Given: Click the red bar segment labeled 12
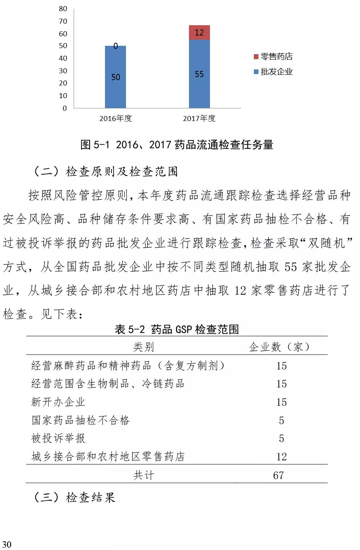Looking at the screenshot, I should (199, 32).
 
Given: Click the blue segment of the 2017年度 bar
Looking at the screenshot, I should (199, 74).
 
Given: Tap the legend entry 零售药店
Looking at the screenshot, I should (273, 56).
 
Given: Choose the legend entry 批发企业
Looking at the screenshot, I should (273, 72).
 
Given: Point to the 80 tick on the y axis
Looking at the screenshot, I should (63, 9).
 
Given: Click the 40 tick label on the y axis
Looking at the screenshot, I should (63, 58).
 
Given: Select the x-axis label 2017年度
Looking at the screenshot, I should (199, 118).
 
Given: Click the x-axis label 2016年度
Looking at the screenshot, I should (115, 118).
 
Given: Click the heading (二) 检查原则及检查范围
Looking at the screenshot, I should (106, 171).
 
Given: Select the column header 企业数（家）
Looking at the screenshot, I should (281, 347).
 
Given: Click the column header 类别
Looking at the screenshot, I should (144, 347).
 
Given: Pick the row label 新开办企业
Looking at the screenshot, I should (58, 402).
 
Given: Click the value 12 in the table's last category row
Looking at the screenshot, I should (281, 456).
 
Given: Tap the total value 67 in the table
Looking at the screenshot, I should (278, 475).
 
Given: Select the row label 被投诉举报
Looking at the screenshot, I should (58, 438).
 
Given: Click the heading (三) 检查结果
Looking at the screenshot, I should (74, 497).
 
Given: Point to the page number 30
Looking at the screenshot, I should (6, 544).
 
